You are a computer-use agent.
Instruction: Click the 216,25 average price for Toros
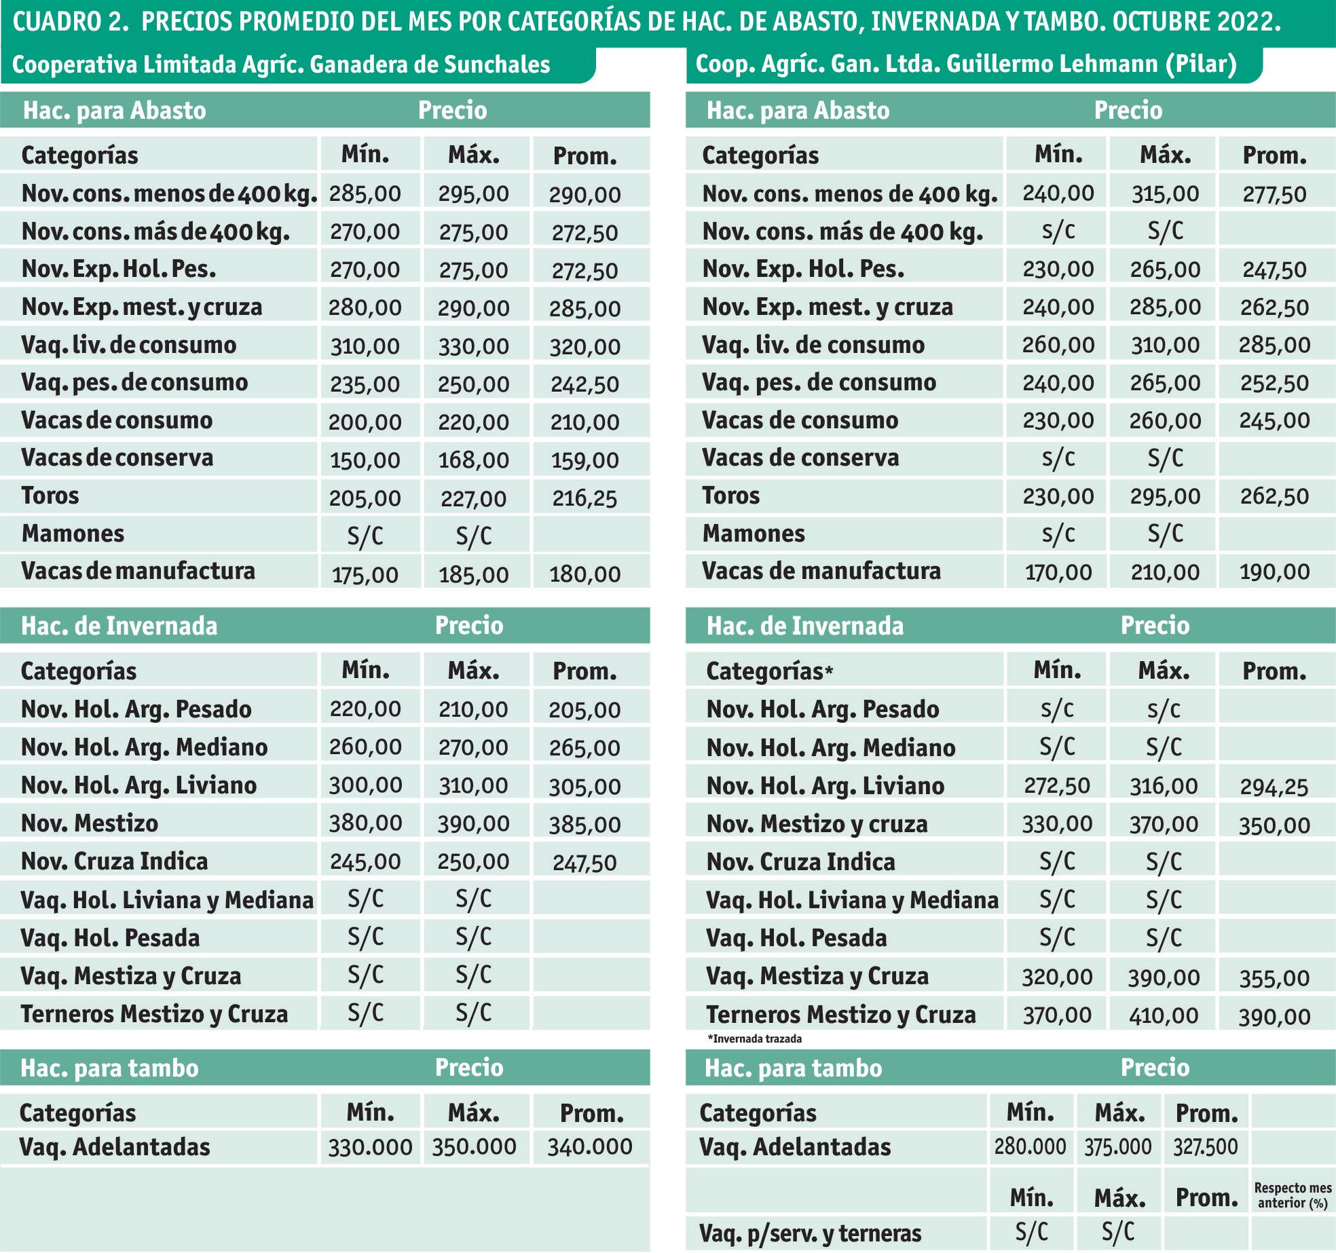click(x=584, y=499)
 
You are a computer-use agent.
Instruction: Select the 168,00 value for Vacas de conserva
click(x=474, y=461)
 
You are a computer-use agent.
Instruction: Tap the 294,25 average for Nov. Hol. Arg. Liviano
click(x=1274, y=787)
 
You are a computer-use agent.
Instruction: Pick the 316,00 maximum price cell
click(x=1164, y=786)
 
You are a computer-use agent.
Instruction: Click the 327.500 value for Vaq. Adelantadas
click(x=1206, y=1147)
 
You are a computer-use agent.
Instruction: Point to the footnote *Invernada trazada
click(x=754, y=1039)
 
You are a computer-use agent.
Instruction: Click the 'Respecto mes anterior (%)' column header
click(x=1293, y=1195)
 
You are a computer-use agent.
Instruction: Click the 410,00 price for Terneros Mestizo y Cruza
click(x=1164, y=1015)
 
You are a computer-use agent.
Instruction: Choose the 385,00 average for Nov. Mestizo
click(x=584, y=825)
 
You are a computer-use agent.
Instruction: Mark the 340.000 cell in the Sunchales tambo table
click(x=590, y=1147)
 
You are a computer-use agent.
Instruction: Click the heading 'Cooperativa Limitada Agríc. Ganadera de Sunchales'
click(x=281, y=65)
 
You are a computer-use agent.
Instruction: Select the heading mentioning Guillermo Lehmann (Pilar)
click(x=966, y=64)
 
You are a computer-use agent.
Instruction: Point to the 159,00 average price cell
click(x=584, y=461)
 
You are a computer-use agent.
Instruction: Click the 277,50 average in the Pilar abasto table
click(x=1274, y=195)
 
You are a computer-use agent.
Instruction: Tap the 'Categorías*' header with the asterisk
click(x=769, y=671)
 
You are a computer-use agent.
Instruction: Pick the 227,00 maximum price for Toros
click(x=474, y=499)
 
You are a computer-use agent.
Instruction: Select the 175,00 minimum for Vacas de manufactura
click(x=365, y=575)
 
